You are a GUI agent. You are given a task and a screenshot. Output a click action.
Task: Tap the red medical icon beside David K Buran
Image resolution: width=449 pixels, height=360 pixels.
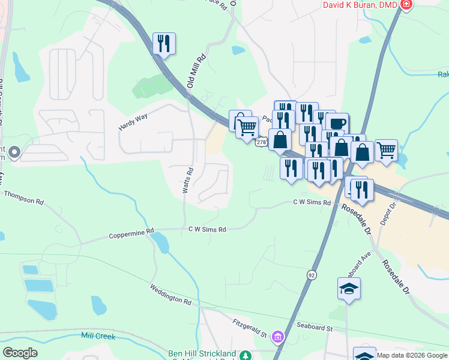pyautogui.click(x=406, y=5)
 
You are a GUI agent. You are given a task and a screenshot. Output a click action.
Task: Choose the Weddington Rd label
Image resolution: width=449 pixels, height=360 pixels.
pyautogui.click(x=170, y=294)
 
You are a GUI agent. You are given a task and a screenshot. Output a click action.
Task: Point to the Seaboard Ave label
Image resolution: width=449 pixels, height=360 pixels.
pyautogui.click(x=358, y=258)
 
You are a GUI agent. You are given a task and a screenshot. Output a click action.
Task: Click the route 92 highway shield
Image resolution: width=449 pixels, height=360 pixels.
pyautogui.click(x=312, y=274)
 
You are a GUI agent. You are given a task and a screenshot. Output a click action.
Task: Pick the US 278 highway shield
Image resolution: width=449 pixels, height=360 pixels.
pyautogui.click(x=261, y=142)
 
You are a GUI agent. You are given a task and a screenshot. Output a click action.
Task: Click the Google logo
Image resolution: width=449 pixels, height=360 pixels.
pyautogui.click(x=20, y=353)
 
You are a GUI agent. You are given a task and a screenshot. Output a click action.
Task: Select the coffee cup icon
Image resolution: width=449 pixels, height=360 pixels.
pyautogui.click(x=337, y=124)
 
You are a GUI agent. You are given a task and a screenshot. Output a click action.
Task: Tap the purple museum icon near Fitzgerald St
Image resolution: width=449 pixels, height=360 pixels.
pyautogui.click(x=277, y=337)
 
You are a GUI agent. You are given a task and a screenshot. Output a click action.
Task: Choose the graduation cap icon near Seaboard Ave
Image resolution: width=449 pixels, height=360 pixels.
pyautogui.click(x=349, y=289)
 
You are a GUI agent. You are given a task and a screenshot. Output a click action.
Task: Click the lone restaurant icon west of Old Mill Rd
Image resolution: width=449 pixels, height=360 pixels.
pyautogui.click(x=164, y=43)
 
